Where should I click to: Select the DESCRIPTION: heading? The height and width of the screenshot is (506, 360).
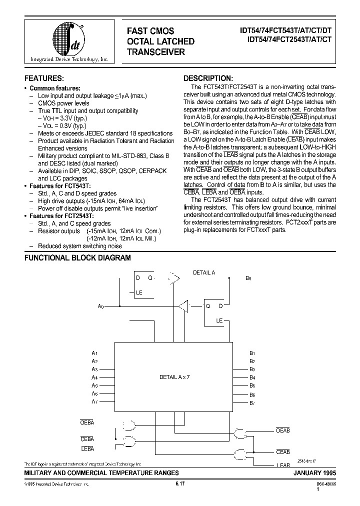pyautogui.click(x=208, y=78)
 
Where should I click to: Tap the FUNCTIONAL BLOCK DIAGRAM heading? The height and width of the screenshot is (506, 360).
pyautogui.click(x=77, y=258)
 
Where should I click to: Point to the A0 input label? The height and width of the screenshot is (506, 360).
pyautogui.click(x=100, y=306)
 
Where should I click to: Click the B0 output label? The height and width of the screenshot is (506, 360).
pyautogui.click(x=248, y=278)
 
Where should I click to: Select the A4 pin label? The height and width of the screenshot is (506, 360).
pyautogui.click(x=94, y=377)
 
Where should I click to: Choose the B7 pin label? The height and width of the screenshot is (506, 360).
pyautogui.click(x=252, y=402)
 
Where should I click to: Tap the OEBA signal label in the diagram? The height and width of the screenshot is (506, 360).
pyautogui.click(x=87, y=422)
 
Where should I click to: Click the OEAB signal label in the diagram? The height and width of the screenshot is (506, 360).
pyautogui.click(x=282, y=430)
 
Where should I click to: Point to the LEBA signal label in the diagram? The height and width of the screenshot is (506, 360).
pyautogui.click(x=87, y=449)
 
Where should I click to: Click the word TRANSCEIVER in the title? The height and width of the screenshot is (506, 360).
pyautogui.click(x=155, y=51)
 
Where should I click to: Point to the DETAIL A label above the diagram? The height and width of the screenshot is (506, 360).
pyautogui.click(x=204, y=272)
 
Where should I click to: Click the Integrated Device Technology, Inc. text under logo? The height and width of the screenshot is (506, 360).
pyautogui.click(x=69, y=59)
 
